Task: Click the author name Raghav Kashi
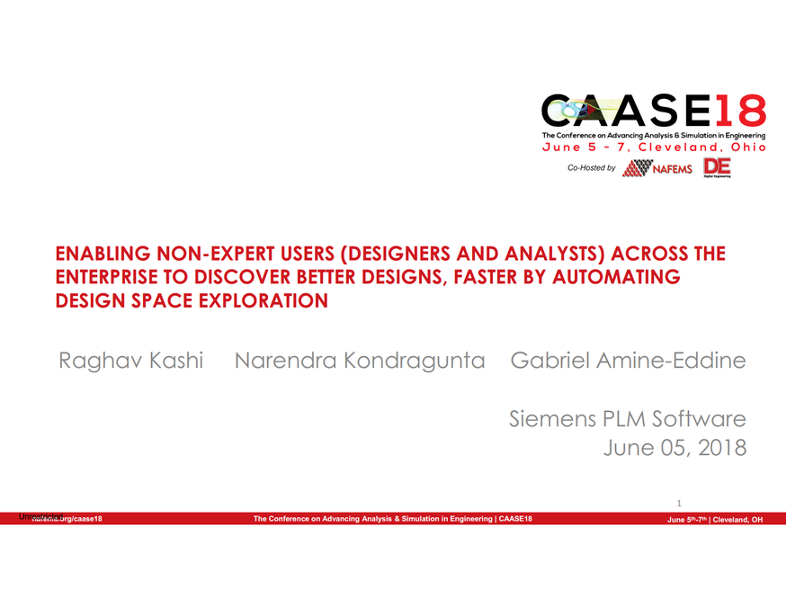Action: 131,362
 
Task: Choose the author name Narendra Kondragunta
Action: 359,362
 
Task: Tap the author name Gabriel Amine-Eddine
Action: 628,362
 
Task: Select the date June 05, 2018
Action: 675,447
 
